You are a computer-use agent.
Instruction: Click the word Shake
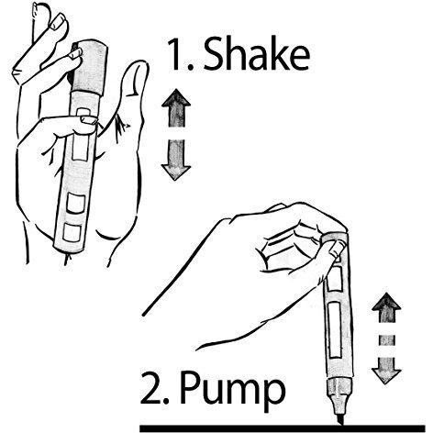pyautogui.click(x=256, y=54)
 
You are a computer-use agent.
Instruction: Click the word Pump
pyautogui.click(x=232, y=389)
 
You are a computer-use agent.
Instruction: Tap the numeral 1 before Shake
pyautogui.click(x=176, y=54)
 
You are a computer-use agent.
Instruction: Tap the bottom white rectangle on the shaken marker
pyautogui.click(x=72, y=232)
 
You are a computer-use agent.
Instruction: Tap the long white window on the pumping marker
pyautogui.click(x=334, y=329)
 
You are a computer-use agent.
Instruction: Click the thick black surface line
pyautogui.click(x=283, y=428)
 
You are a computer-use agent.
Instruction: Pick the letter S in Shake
pyautogui.click(x=214, y=54)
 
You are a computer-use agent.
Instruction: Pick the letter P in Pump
pyautogui.click(x=191, y=387)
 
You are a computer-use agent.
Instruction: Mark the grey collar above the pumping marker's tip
pyautogui.click(x=339, y=388)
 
